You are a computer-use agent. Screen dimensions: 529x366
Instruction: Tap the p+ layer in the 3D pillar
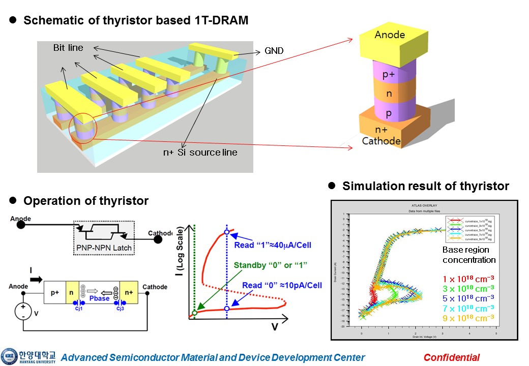pyautogui.click(x=389, y=75)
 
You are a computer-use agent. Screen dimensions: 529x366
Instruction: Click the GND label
pyautogui.click(x=274, y=51)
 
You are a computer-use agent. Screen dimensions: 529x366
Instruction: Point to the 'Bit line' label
pyautogui.click(x=68, y=48)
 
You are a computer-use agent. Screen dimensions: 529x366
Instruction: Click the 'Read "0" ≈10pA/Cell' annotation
pyautogui.click(x=282, y=285)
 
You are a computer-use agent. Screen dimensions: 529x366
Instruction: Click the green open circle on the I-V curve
pyautogui.click(x=194, y=312)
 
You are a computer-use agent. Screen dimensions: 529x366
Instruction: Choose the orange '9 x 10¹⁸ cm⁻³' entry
pyautogui.click(x=468, y=318)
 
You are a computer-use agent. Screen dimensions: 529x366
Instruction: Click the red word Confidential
pyautogui.click(x=451, y=357)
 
